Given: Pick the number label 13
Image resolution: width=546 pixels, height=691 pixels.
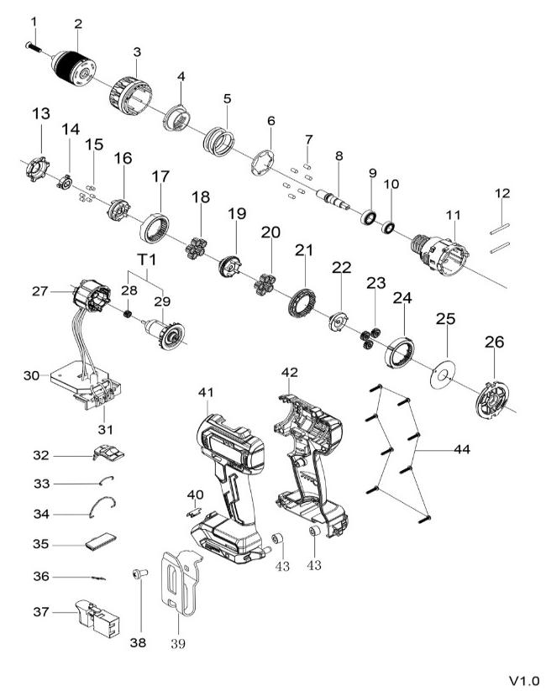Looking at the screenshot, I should point(41,114).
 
